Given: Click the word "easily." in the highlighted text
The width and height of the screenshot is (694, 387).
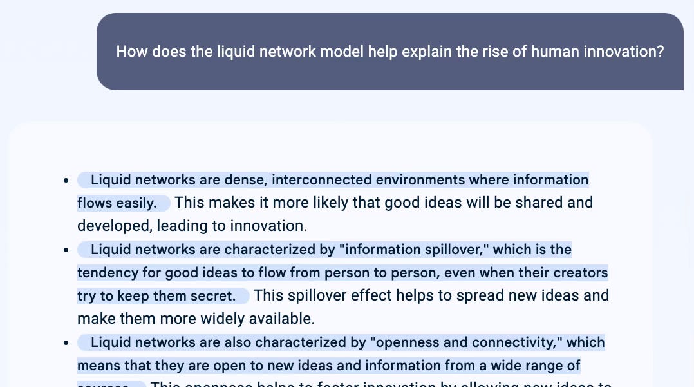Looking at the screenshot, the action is pos(136,203).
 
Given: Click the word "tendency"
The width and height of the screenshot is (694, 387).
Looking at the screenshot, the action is pos(108,272).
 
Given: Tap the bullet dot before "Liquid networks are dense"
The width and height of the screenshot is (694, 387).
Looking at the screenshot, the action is pos(66,181).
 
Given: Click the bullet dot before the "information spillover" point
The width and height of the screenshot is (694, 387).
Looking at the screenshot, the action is pos(66,250).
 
